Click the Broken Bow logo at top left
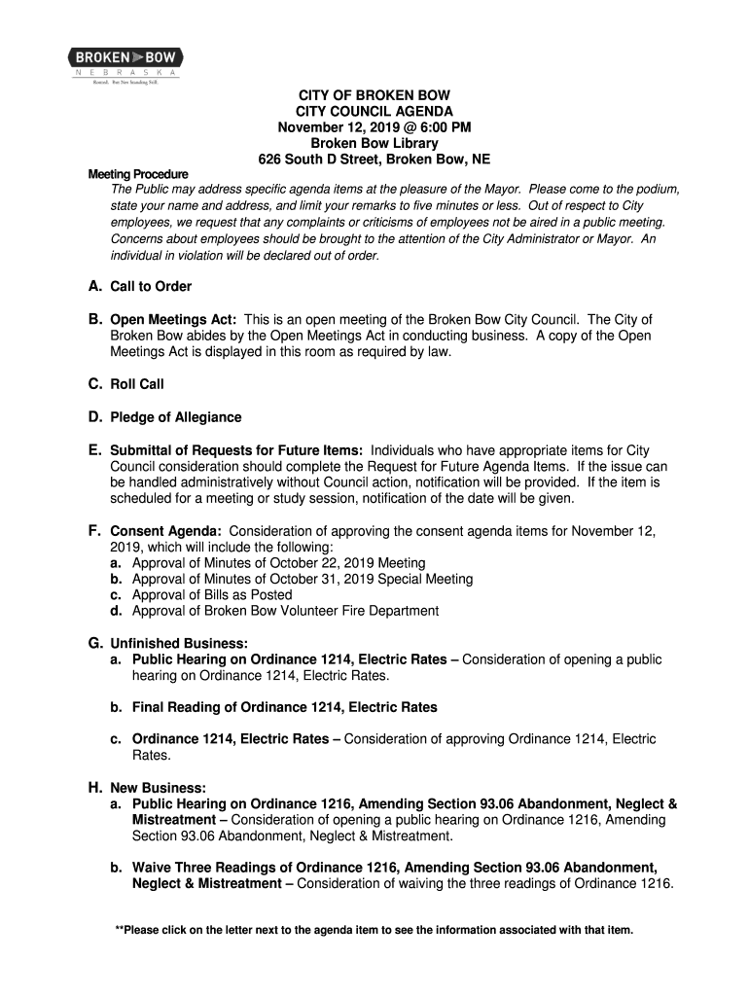point(125,64)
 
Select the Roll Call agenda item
point(137,384)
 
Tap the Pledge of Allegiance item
point(175,417)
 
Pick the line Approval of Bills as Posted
point(211,595)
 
